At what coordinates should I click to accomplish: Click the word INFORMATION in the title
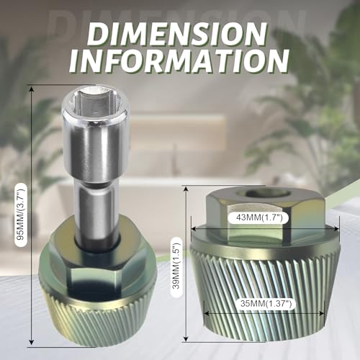pos(179,60)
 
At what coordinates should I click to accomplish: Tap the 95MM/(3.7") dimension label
pos(20,215)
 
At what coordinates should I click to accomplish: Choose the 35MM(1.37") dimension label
pos(266,304)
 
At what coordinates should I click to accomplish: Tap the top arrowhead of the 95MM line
pos(31,89)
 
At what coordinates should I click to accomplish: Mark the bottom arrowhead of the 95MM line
pos(31,341)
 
